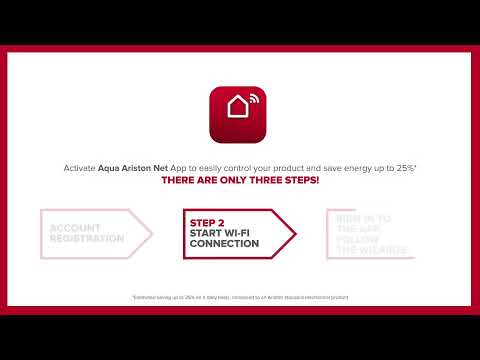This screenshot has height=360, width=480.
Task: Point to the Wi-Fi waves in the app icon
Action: point(252,100)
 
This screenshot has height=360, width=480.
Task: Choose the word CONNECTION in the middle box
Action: point(224,244)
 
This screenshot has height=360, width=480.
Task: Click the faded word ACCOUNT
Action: point(75,228)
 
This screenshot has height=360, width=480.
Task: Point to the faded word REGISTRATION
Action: point(87,239)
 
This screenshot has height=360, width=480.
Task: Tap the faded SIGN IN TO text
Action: point(363,218)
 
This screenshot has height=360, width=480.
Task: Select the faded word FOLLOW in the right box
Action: point(358,239)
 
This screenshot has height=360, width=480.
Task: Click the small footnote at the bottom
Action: point(240,298)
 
